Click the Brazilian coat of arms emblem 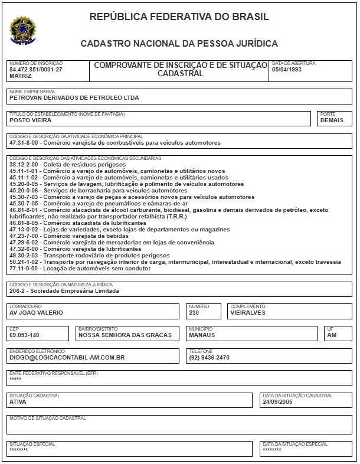click(x=22, y=29)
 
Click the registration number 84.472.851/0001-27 click(x=35, y=70)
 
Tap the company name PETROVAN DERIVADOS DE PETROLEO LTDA click(x=74, y=98)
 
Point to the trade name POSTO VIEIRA click(x=30, y=120)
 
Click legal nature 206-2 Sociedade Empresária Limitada click(x=64, y=291)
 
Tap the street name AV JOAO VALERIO click(x=36, y=313)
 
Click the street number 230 click(x=194, y=313)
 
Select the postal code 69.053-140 click(x=25, y=335)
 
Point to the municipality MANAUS click(x=202, y=335)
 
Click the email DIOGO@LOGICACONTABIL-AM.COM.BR click(x=67, y=358)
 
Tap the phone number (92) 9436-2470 click(x=209, y=358)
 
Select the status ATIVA click(x=18, y=401)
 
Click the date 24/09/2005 click(x=278, y=401)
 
